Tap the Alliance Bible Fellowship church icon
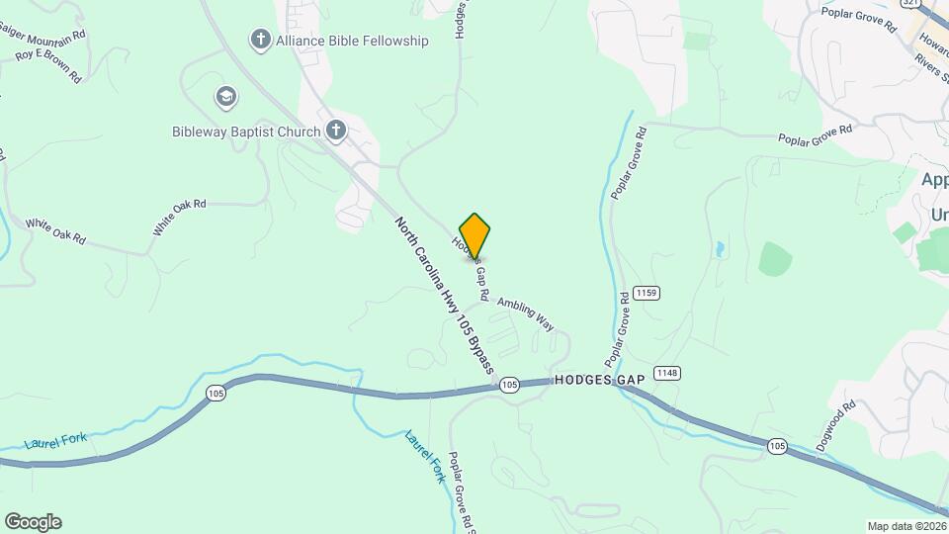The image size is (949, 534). [x=260, y=41]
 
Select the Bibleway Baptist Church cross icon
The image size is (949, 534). [x=336, y=131]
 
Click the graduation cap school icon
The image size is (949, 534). [x=226, y=97]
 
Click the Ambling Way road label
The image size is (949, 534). [x=524, y=313]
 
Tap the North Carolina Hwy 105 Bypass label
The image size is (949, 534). [x=445, y=296]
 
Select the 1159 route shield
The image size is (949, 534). [x=647, y=292]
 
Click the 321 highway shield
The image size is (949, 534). [x=911, y=4]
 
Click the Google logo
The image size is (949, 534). [x=33, y=522]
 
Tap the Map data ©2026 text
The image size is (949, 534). [x=906, y=526]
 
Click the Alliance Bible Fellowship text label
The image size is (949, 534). [x=352, y=41]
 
